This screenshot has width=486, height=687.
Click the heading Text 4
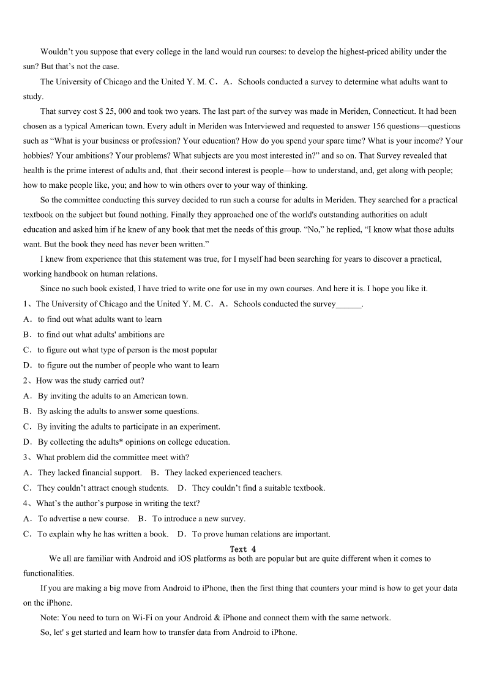243,549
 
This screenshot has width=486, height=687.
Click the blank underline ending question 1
349,304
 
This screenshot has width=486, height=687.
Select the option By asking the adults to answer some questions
118,411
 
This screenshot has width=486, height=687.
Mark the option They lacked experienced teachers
223,472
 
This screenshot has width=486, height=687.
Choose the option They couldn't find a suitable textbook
258,488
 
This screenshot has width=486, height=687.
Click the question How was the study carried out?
90,381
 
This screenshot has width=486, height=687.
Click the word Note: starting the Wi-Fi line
50,618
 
